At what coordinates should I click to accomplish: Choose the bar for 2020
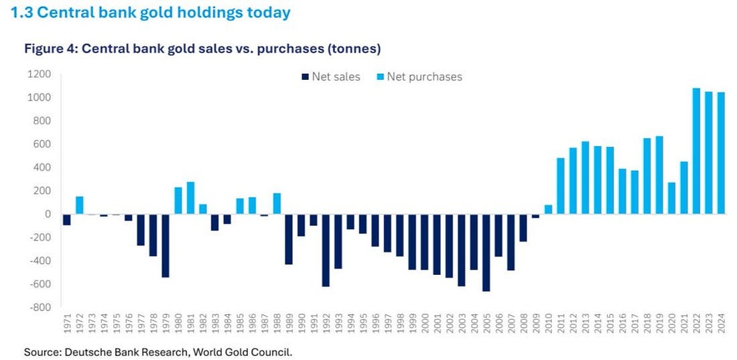coord(671,198)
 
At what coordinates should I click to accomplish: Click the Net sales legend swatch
coord(306,77)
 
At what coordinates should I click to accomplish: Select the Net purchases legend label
coord(424,76)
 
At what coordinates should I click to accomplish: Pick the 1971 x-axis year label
coord(67,326)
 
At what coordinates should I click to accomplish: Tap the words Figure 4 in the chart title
coord(50,49)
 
